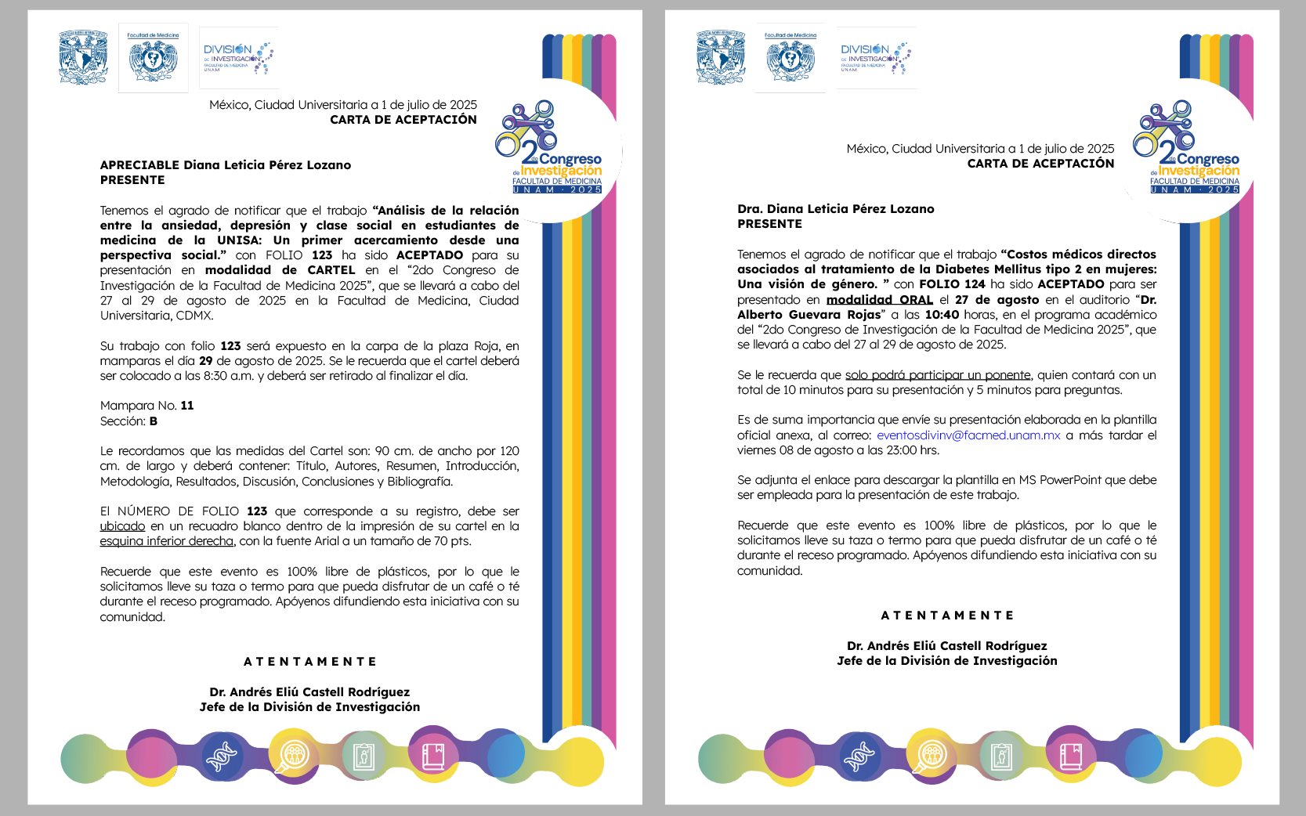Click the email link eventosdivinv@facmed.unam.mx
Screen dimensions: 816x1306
(968, 435)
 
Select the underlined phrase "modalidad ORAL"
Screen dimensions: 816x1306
(879, 300)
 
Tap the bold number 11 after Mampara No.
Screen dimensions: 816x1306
(187, 406)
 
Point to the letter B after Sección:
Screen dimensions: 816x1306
(154, 421)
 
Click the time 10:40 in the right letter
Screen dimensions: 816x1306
(942, 315)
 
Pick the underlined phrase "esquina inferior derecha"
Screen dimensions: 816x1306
(166, 541)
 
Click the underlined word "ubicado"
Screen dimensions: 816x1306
(122, 526)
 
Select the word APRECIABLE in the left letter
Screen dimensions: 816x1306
(139, 165)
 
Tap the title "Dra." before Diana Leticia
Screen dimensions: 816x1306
(750, 209)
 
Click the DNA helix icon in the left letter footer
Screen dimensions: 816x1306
(221, 756)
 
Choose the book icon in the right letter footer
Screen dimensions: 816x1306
(1071, 756)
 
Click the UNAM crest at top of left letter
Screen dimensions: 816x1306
(83, 56)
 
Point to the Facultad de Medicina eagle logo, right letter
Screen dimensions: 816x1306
(790, 58)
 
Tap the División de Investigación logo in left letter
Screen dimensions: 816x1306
(238, 58)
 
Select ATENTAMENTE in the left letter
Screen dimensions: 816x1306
(309, 662)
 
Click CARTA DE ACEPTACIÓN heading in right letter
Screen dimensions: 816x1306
(1040, 164)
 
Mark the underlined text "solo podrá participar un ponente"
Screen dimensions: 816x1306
(937, 375)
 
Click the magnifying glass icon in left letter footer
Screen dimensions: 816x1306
(293, 756)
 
